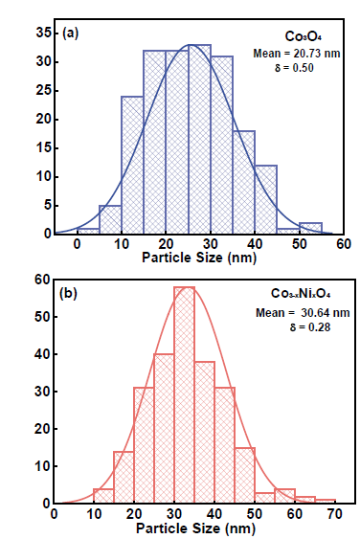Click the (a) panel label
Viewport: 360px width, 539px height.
(x=71, y=33)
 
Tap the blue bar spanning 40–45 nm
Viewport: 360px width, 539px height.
(x=265, y=199)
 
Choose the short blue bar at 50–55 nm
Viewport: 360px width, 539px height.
(x=310, y=228)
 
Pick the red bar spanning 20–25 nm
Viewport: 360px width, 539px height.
(x=144, y=445)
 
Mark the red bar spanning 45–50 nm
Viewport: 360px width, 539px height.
(x=244, y=475)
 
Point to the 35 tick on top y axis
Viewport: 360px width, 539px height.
(x=42, y=33)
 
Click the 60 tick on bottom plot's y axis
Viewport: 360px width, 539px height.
(x=42, y=280)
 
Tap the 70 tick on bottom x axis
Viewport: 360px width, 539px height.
(x=334, y=513)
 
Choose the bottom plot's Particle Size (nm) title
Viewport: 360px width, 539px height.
(x=194, y=528)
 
